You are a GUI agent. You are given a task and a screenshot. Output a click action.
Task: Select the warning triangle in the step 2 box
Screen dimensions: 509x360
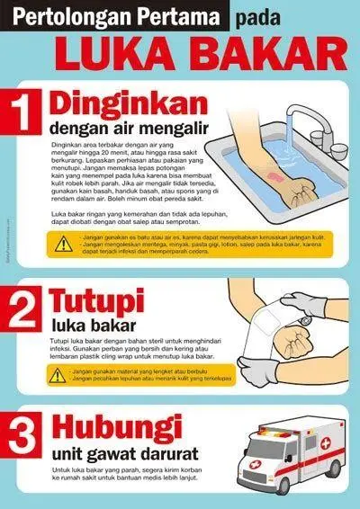(58, 375)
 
